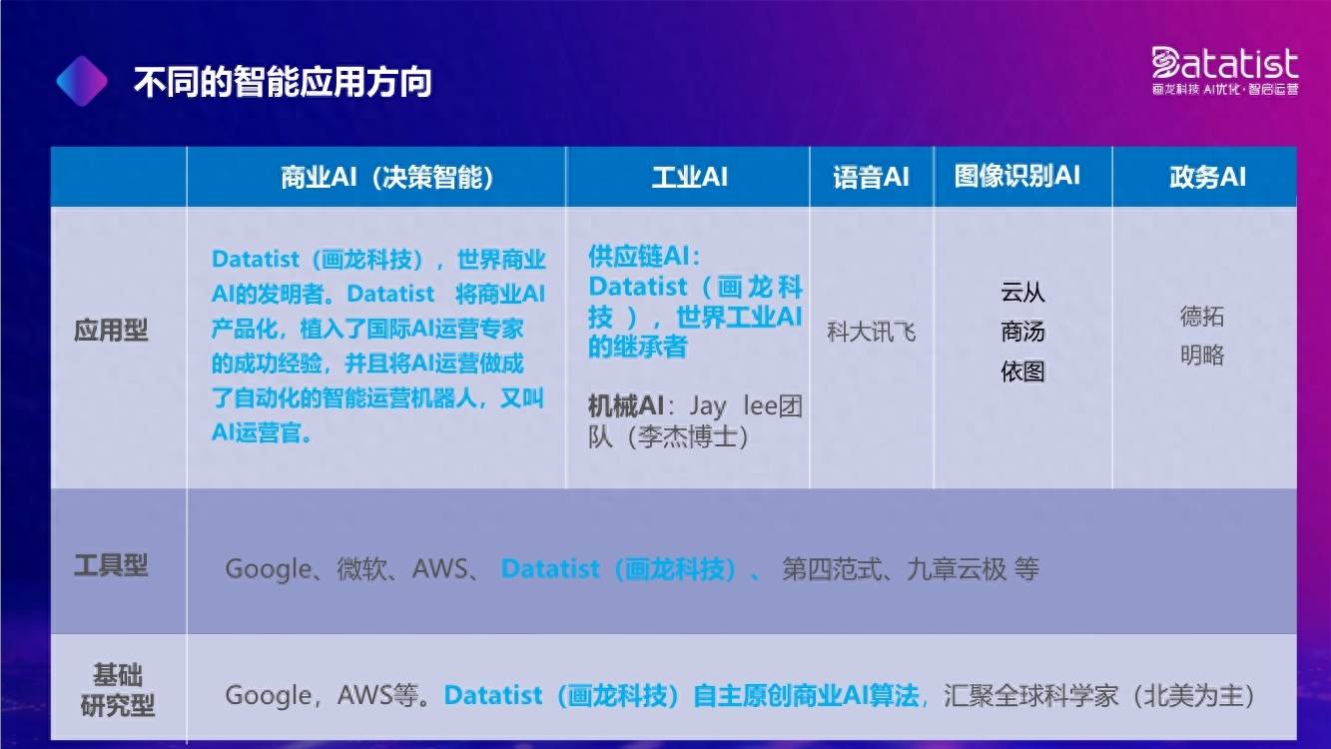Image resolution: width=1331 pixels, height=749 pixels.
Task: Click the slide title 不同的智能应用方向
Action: (x=283, y=82)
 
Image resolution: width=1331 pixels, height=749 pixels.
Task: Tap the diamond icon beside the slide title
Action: (x=82, y=81)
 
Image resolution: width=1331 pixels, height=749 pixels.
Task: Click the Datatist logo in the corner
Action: (x=1224, y=71)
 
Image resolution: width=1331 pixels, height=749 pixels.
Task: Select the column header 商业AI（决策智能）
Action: (x=387, y=177)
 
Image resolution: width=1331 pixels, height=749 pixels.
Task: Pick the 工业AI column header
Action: (x=689, y=177)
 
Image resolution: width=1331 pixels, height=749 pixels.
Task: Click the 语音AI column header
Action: (x=871, y=177)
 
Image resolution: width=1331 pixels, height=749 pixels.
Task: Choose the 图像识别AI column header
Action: (x=1017, y=176)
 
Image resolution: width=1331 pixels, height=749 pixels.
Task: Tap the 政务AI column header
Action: (x=1207, y=177)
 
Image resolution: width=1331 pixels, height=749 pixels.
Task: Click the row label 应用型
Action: (x=111, y=330)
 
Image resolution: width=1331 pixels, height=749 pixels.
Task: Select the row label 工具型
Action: (x=111, y=564)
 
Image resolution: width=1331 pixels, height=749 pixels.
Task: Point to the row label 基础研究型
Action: (x=117, y=691)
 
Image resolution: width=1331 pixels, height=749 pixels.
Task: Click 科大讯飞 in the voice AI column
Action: (x=871, y=332)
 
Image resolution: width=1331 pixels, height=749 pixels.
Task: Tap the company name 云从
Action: (x=1022, y=292)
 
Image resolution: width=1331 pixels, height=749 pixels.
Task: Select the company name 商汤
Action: (x=1022, y=332)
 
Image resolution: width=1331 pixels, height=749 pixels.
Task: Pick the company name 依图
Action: (x=1022, y=372)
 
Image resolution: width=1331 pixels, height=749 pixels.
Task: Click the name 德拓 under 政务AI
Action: (x=1202, y=317)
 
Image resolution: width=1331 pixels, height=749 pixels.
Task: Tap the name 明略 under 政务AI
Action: (x=1202, y=356)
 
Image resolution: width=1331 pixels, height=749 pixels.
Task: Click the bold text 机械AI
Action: (x=626, y=406)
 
